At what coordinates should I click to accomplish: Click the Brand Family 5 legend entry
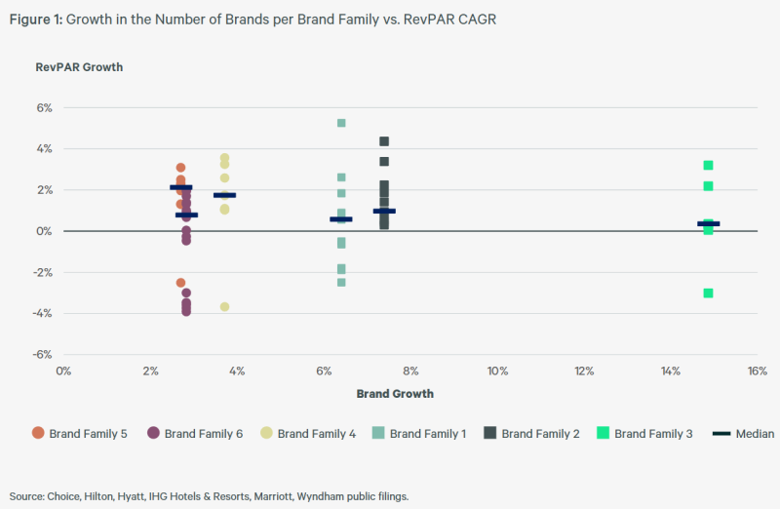80,433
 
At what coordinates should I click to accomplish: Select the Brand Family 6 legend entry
195,433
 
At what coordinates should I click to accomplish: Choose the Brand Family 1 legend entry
420,433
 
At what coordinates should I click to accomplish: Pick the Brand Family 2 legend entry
533,433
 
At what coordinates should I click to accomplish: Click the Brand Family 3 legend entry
645,433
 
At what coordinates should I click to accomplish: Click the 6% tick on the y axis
44,108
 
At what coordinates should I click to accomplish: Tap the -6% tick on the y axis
42,355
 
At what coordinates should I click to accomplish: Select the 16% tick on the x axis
758,372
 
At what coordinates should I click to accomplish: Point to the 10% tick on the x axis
497,372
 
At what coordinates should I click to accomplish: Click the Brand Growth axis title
395,394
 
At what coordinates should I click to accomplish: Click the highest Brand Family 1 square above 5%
341,123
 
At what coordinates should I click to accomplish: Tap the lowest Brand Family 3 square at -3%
709,293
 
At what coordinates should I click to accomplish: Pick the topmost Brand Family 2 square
384,141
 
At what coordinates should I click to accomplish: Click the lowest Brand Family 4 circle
224,306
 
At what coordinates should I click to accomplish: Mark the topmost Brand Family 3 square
709,165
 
